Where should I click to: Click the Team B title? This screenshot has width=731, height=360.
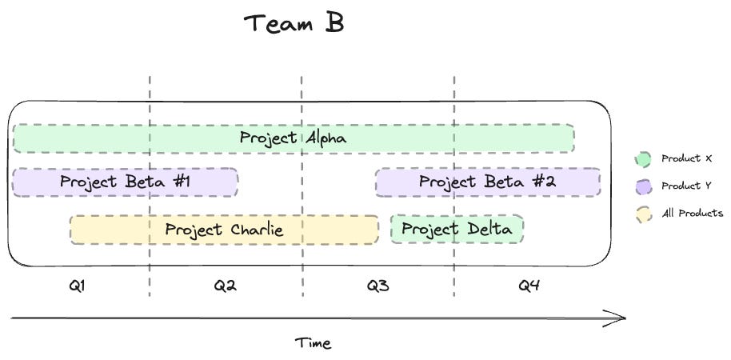tap(294, 23)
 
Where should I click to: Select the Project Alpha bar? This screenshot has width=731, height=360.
tap(294, 138)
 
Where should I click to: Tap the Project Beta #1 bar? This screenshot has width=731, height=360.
tap(125, 182)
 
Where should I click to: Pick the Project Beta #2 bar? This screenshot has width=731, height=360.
tap(487, 182)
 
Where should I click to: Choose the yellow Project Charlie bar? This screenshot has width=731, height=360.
tap(224, 230)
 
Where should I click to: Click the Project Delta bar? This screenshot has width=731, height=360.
tap(457, 230)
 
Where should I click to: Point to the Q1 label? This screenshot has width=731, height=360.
tap(78, 285)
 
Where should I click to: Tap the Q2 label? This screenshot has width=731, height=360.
tap(225, 285)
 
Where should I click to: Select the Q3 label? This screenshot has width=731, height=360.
tap(377, 285)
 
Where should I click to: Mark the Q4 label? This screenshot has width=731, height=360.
tap(529, 285)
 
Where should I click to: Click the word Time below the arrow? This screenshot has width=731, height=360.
tap(313, 343)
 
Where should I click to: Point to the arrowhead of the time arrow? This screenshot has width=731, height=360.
tap(621, 318)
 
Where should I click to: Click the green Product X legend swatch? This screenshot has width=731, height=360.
tap(643, 159)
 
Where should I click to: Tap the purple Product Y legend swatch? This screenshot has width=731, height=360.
tap(643, 186)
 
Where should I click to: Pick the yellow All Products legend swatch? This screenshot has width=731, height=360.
tap(643, 214)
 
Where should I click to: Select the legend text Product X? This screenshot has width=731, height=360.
tap(686, 159)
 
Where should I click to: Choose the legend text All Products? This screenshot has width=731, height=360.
tap(692, 214)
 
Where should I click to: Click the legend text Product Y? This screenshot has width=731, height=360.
tap(686, 186)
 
